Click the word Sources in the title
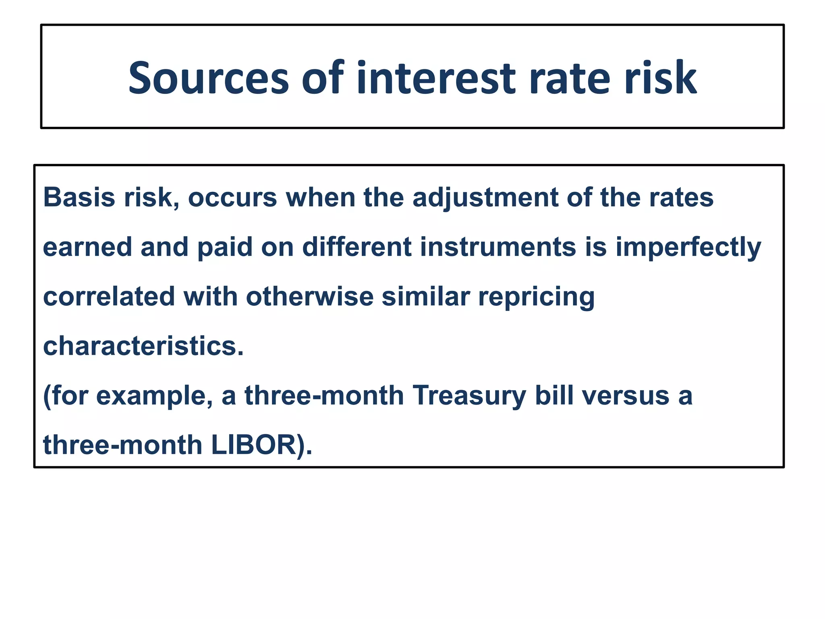point(208,77)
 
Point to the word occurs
point(232,197)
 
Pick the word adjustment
point(485,198)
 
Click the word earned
point(87,247)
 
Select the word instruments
point(498,247)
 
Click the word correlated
point(109,297)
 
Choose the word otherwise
point(310,297)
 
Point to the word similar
point(425,297)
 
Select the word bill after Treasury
point(554,396)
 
